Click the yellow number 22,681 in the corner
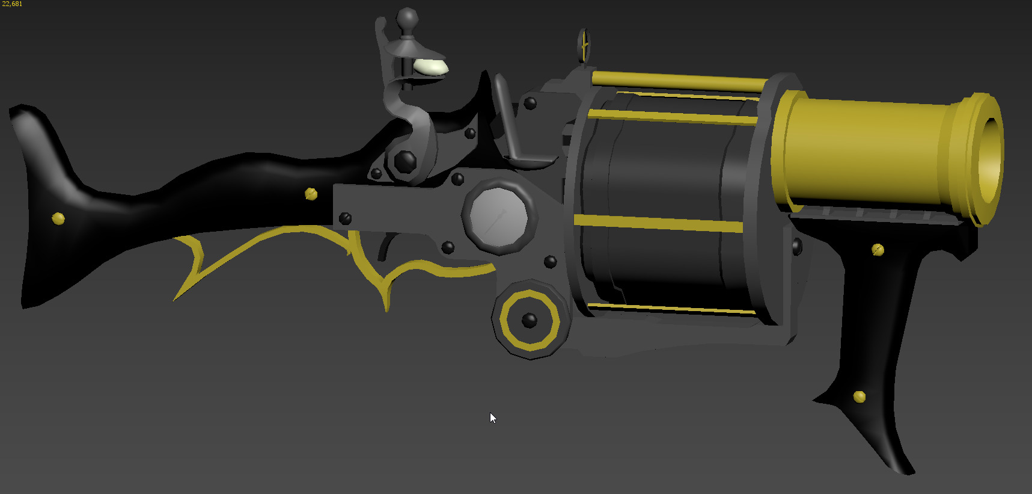[12, 4]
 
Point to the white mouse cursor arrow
[493, 418]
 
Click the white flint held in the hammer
[430, 67]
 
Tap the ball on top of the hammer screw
[407, 17]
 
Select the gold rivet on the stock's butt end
[58, 218]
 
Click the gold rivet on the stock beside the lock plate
[311, 194]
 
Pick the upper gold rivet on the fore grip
[878, 249]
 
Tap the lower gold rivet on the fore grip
[859, 397]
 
